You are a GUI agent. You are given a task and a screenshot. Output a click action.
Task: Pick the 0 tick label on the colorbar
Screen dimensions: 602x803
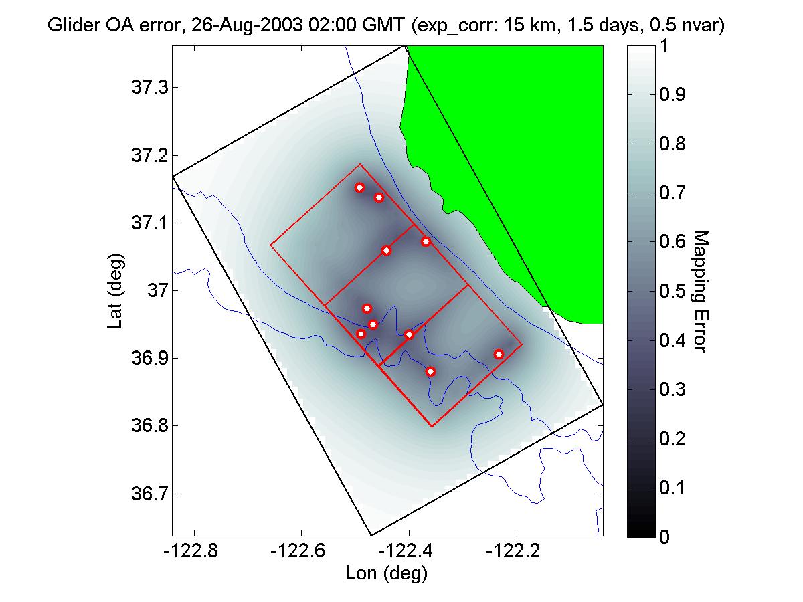pos(664,536)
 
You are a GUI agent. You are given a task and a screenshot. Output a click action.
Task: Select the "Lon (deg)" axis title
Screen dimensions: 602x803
pos(386,573)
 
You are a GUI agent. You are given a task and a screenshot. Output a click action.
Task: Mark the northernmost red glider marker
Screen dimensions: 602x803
pos(359,187)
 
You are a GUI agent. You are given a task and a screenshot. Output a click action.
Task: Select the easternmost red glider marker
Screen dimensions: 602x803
pos(499,354)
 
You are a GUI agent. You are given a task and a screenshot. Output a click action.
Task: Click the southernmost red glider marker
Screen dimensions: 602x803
pos(431,371)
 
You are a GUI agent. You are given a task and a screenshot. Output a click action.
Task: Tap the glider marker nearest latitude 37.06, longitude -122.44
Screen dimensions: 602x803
pos(386,250)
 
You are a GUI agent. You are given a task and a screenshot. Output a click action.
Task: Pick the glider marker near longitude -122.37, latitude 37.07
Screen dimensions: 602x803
pos(426,241)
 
